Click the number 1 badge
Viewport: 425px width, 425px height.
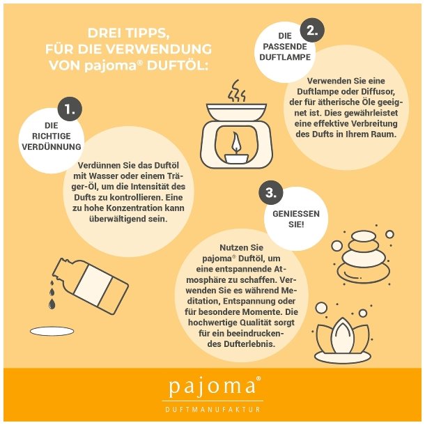[x=70, y=109]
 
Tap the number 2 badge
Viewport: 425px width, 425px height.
[x=312, y=30]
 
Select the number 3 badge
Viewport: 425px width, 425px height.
[x=271, y=193]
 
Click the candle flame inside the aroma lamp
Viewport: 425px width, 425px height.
[x=235, y=141]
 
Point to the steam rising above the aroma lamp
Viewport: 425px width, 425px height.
[x=236, y=91]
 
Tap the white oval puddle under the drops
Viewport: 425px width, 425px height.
[x=52, y=331]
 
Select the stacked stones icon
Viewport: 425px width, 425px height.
[x=363, y=256]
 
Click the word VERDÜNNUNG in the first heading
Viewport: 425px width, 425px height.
[x=52, y=146]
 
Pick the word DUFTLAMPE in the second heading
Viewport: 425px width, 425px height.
[x=285, y=57]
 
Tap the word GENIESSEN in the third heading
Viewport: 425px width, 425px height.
[x=296, y=214]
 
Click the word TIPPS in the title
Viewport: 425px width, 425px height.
[x=146, y=33]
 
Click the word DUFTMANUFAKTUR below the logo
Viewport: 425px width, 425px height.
[x=212, y=409]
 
